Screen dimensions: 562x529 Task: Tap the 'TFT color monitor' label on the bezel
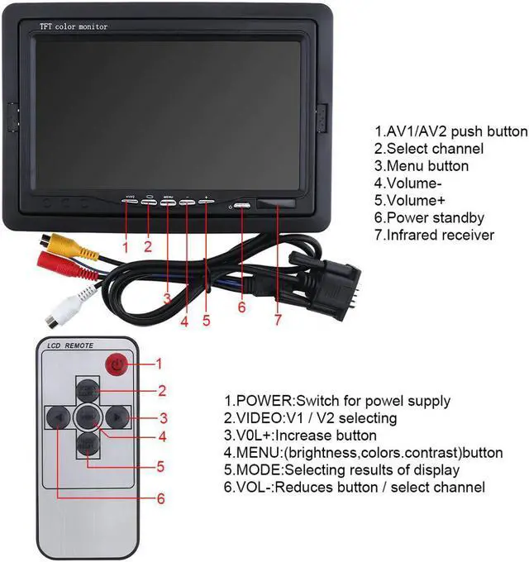point(74,27)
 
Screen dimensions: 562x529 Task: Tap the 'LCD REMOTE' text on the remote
point(69,345)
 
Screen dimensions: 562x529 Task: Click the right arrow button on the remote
point(119,417)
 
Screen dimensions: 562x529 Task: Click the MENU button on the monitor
point(168,203)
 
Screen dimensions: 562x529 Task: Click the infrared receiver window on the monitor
point(277,204)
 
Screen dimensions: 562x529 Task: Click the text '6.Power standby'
point(429,218)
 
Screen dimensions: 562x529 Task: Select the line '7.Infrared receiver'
point(434,236)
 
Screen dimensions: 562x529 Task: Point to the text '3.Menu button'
point(421,166)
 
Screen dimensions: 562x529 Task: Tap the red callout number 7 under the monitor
point(279,318)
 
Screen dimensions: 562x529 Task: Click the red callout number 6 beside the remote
point(160,498)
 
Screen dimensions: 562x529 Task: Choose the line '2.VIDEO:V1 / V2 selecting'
point(310,419)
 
